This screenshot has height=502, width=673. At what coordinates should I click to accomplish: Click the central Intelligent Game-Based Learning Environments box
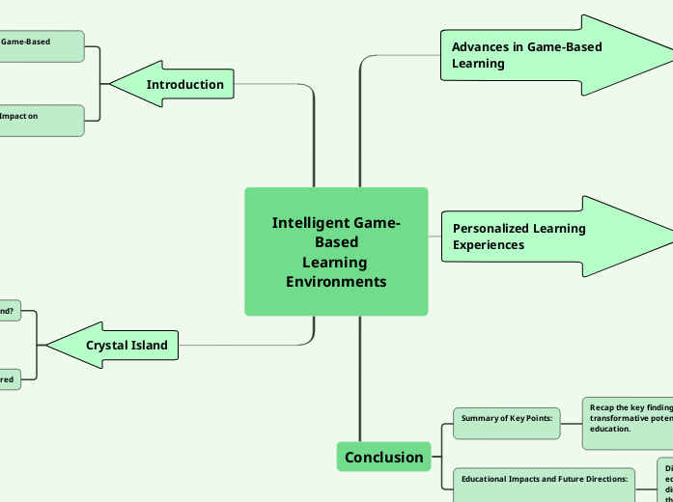(336, 252)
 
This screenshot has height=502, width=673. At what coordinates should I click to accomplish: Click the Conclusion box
(383, 457)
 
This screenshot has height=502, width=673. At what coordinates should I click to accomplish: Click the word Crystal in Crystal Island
(106, 345)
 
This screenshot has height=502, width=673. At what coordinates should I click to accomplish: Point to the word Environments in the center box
(336, 282)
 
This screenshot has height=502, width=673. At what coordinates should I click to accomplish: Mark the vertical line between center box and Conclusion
(360, 376)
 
